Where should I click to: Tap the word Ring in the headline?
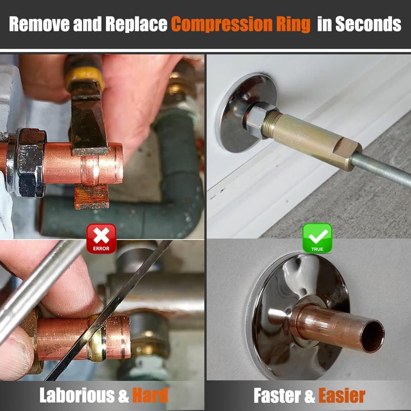293,25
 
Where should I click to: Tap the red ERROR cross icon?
101,238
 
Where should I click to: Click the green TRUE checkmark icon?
317,238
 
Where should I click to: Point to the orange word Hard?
150,395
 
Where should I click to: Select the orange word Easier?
342,395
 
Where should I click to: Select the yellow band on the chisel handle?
84,78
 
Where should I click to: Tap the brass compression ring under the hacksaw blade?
97,338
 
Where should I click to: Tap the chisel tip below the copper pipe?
92,197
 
